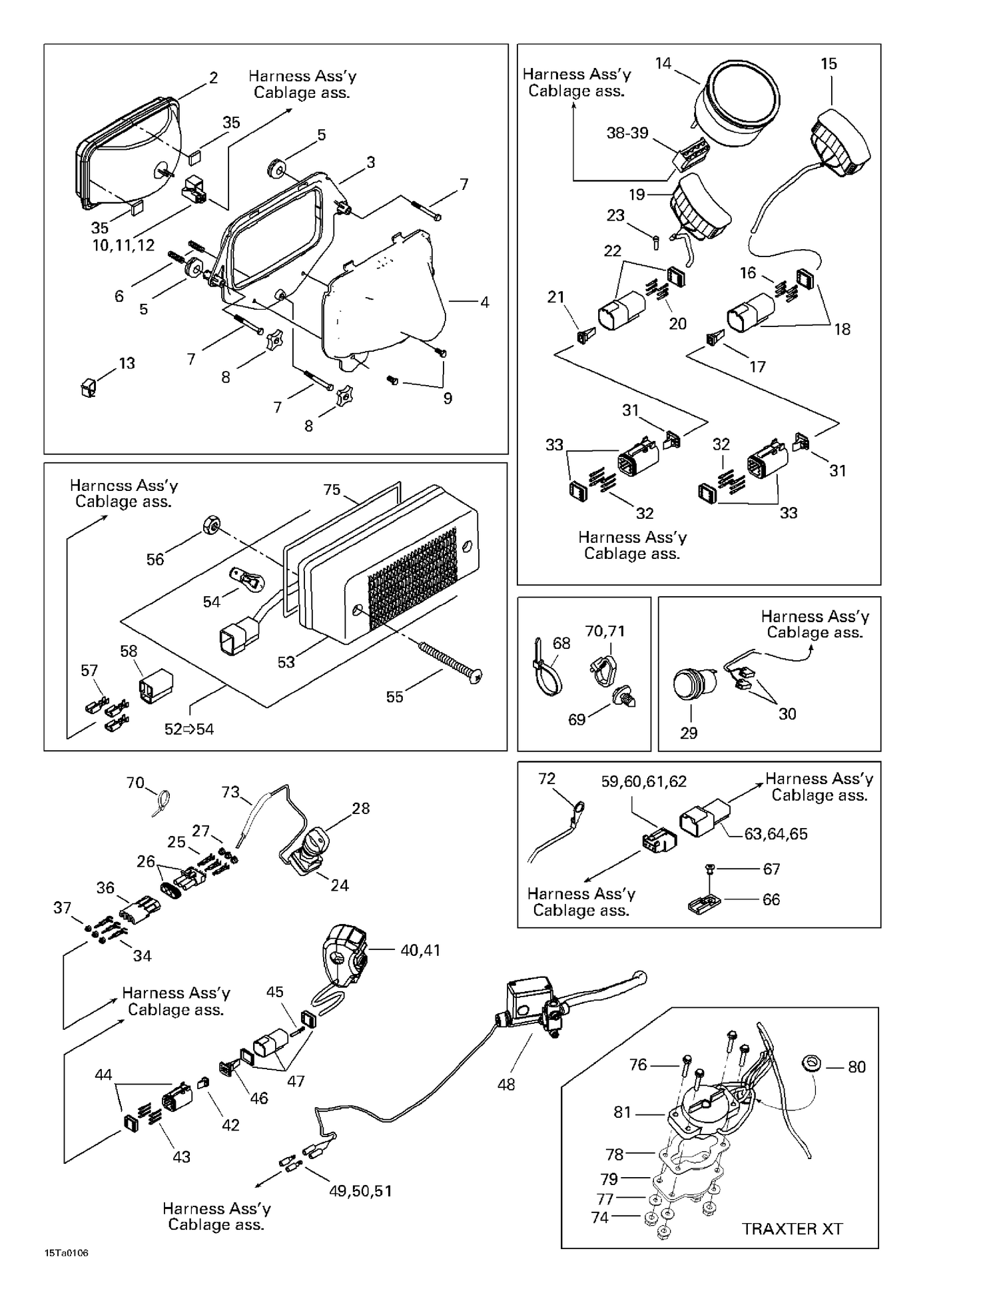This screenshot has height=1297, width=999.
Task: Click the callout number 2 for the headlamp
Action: [x=213, y=78]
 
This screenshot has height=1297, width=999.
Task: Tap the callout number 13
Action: [x=127, y=363]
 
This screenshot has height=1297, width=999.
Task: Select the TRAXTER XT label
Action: [x=792, y=1229]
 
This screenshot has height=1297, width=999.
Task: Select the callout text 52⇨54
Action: [x=189, y=729]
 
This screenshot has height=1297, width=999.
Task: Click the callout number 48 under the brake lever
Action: [x=506, y=1084]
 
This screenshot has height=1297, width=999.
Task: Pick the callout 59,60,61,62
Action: [x=643, y=781]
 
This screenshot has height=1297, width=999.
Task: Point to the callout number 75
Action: [x=332, y=490]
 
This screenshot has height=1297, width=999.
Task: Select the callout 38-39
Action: [x=627, y=133]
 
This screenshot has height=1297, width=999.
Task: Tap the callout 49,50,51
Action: [x=360, y=1191]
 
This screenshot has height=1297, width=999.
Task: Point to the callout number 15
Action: [x=829, y=64]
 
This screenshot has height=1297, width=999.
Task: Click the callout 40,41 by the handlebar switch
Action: [x=420, y=951]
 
